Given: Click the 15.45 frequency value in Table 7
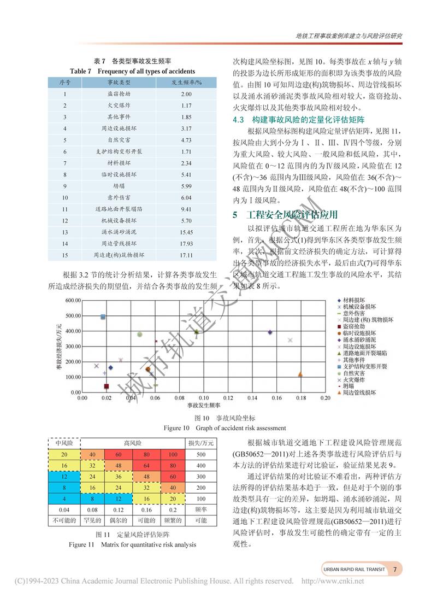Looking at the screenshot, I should pyautogui.click(x=186, y=232).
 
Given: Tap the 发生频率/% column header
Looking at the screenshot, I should pyautogui.click(x=186, y=82).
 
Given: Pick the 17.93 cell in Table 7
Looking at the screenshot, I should pyautogui.click(x=186, y=243).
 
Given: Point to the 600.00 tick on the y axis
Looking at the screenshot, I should pyautogui.click(x=73, y=301).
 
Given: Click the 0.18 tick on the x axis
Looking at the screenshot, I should pyautogui.click(x=300, y=398).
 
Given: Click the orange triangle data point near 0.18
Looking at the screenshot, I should pyautogui.click(x=300, y=374).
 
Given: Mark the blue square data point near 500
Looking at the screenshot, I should pyautogui.click(x=103, y=316).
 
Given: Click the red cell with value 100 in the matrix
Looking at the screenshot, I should pyautogui.click(x=173, y=455).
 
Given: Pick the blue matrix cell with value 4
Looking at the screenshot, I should pyautogui.click(x=64, y=500).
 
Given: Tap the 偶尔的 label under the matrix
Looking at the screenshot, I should pyautogui.click(x=119, y=520).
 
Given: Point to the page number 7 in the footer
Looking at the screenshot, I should pyautogui.click(x=394, y=569).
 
